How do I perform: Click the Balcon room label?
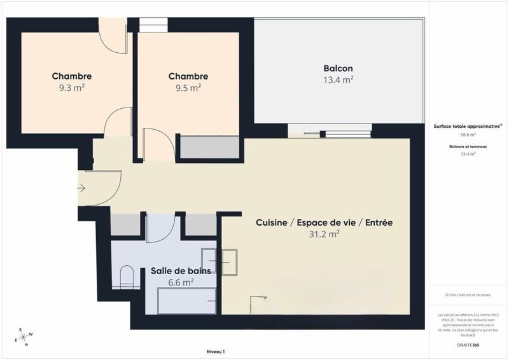tap(338, 69)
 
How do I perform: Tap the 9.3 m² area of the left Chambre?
tap(71, 88)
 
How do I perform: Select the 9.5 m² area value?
tap(188, 88)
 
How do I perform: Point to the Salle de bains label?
tap(181, 271)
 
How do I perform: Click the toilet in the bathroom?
tap(127, 277)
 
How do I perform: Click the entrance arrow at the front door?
tap(81, 188)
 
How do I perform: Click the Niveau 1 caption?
tap(216, 352)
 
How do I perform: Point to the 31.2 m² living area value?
tap(324, 234)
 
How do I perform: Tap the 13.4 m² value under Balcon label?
tap(338, 80)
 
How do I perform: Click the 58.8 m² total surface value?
tap(468, 135)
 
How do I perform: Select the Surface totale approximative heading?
tap(468, 127)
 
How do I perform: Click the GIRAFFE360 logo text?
tap(468, 344)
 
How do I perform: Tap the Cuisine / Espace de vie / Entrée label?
tap(324, 223)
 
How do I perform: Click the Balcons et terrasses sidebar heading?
tap(468, 146)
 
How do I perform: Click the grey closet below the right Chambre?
tap(209, 147)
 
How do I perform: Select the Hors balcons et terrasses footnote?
tap(468, 295)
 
